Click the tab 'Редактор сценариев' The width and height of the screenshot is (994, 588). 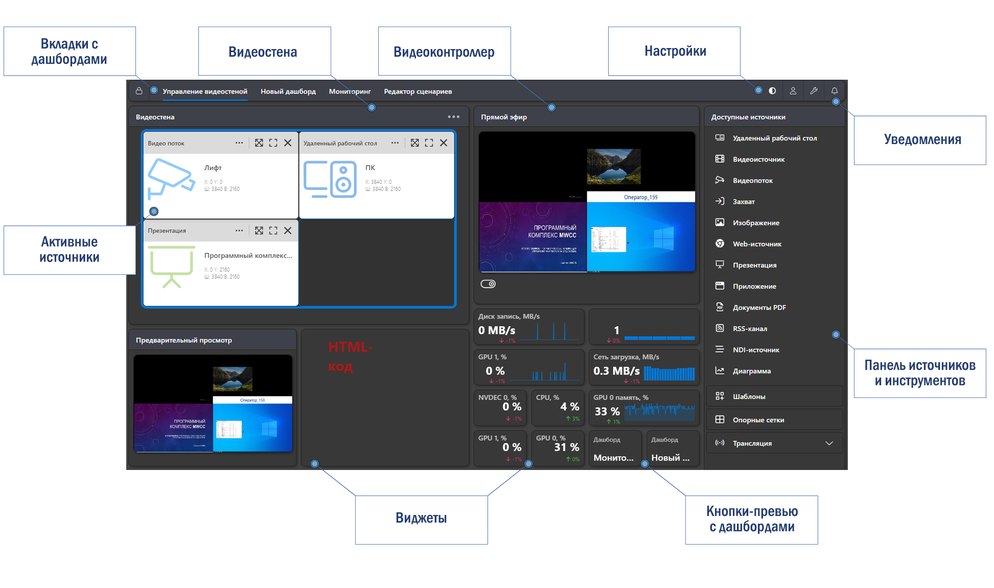tap(418, 91)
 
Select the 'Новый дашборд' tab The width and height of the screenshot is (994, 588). tap(288, 91)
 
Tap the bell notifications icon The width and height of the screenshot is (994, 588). tap(834, 91)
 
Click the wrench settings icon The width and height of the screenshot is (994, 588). tap(814, 91)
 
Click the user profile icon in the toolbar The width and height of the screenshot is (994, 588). tap(793, 91)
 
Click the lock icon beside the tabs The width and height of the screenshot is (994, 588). tap(139, 91)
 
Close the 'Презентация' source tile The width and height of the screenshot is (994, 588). tap(288, 230)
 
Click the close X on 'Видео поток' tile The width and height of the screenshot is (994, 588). tap(288, 143)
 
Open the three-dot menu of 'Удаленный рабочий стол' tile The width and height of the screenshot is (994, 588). tap(395, 143)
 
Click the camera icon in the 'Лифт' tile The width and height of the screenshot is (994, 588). tap(171, 179)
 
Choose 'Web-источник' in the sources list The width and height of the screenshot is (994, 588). tap(757, 244)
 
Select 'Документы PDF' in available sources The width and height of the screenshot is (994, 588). tap(759, 308)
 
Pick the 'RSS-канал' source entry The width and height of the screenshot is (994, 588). tap(750, 328)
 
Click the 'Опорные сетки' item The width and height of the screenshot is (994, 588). tap(758, 420)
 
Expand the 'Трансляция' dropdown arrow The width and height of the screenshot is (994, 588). tap(829, 443)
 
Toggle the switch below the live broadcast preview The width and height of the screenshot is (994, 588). tap(488, 284)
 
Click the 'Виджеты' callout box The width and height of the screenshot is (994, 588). tap(421, 519)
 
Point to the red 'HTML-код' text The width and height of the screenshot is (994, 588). tap(350, 356)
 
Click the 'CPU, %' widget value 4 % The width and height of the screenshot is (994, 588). tap(569, 407)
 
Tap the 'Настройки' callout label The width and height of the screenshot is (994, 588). tap(675, 51)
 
